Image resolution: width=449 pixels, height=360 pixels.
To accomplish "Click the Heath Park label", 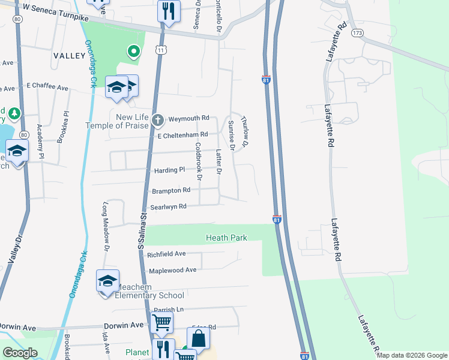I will pos(226,238).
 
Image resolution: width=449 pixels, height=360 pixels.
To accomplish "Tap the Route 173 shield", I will pos(358,32).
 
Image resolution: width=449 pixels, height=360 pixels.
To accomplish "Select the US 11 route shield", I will pos(160,51).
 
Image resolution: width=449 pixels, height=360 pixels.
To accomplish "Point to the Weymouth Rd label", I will pos(188,118).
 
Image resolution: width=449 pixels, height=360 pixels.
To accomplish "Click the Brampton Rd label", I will pos(171,191).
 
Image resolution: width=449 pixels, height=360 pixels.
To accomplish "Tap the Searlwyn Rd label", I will pos(169,207).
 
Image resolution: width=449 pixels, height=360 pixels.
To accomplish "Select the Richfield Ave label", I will pos(166,255).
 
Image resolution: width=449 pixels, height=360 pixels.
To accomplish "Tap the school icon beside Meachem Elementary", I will pos(108,281).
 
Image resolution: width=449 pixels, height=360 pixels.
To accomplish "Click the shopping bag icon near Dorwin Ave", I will pos(198,340).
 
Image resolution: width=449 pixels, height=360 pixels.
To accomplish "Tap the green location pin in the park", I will pos(133,52).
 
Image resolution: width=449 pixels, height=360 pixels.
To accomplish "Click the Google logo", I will pos(20,353).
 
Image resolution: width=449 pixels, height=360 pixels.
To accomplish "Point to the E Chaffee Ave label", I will pos(47,88).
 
